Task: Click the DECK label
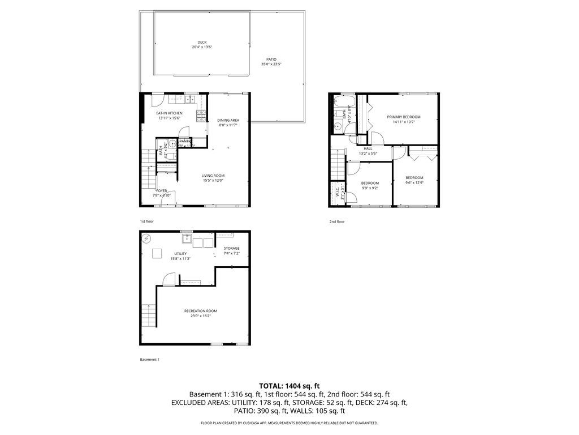click(202, 42)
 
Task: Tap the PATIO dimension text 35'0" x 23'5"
click(271, 65)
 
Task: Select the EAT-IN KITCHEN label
click(169, 113)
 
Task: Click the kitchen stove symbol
click(201, 116)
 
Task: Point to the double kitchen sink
click(188, 101)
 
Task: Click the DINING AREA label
click(228, 120)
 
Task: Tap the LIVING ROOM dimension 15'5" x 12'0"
click(213, 181)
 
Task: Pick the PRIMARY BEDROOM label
click(404, 117)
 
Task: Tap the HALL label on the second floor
click(368, 149)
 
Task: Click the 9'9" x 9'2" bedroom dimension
click(370, 188)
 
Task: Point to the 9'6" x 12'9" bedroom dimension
click(414, 183)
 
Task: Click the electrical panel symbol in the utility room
click(147, 238)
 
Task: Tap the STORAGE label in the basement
click(231, 249)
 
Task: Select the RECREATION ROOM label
click(200, 311)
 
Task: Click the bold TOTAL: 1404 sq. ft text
click(289, 386)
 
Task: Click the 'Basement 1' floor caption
click(150, 360)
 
